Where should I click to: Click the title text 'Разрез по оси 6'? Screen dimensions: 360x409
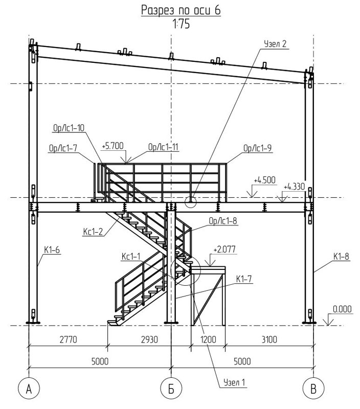tap(181, 10)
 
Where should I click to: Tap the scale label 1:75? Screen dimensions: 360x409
tap(181, 24)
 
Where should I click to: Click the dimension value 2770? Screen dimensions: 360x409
tap(69, 339)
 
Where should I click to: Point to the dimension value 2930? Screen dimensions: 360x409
tap(149, 339)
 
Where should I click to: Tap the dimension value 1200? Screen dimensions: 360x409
tap(208, 339)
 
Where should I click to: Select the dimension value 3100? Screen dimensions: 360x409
tap(269, 339)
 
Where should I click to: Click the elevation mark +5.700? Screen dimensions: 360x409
tap(112, 146)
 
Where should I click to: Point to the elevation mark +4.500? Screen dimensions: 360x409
tap(264, 180)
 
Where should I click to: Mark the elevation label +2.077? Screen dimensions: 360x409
tap(224, 249)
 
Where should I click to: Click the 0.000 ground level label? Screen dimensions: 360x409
tap(342, 309)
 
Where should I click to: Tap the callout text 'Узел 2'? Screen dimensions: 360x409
tap(275, 44)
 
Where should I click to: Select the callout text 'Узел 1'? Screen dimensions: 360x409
tap(235, 382)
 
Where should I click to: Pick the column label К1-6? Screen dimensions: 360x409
tap(52, 250)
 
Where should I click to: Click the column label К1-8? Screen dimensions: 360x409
tap(341, 257)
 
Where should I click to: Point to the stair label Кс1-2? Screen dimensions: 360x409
tap(93, 232)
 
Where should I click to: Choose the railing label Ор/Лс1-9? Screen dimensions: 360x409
tap(258, 148)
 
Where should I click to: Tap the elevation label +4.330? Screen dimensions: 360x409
tap(294, 187)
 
